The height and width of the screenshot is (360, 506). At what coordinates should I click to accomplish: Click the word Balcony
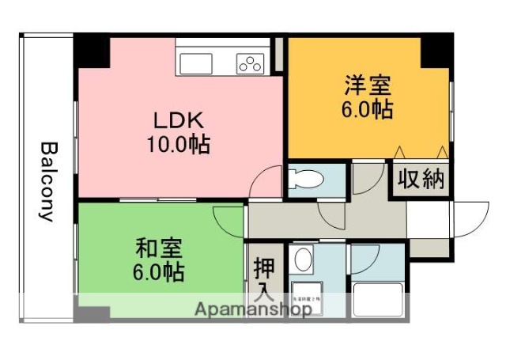(x=48, y=181)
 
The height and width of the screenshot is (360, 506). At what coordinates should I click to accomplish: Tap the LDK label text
(x=178, y=121)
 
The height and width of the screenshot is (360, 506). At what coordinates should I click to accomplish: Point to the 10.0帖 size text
(x=178, y=145)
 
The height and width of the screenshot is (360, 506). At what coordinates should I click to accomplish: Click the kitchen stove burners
(x=251, y=63)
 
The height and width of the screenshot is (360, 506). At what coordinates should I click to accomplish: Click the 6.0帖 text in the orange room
(x=367, y=109)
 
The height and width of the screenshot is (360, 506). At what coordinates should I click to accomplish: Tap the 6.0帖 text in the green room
(x=158, y=272)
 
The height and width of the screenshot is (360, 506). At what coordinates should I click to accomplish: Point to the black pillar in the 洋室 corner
(x=436, y=50)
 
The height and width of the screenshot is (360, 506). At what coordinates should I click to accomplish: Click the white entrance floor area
(x=429, y=219)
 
